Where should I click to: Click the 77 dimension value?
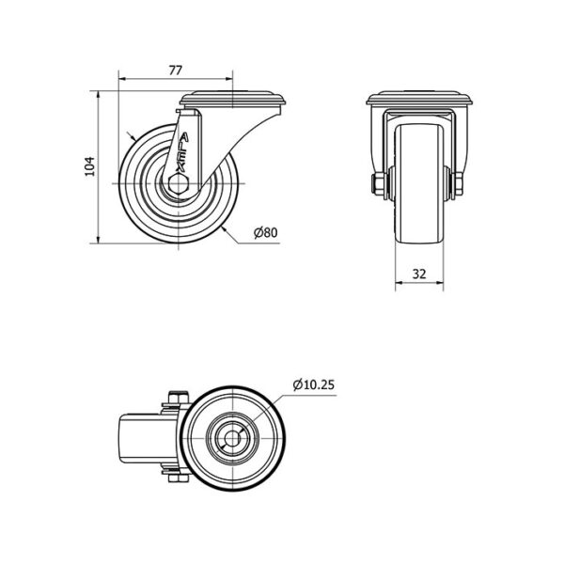click(176, 70)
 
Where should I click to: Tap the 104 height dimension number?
click(89, 166)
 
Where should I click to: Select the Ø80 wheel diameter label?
click(266, 233)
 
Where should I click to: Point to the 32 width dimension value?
click(419, 274)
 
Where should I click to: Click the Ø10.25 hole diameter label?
click(314, 384)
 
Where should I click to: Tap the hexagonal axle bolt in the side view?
click(179, 184)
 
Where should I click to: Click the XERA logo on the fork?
click(182, 151)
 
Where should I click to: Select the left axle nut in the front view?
click(379, 184)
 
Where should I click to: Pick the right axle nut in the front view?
click(457, 184)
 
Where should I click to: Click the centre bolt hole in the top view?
click(233, 438)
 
